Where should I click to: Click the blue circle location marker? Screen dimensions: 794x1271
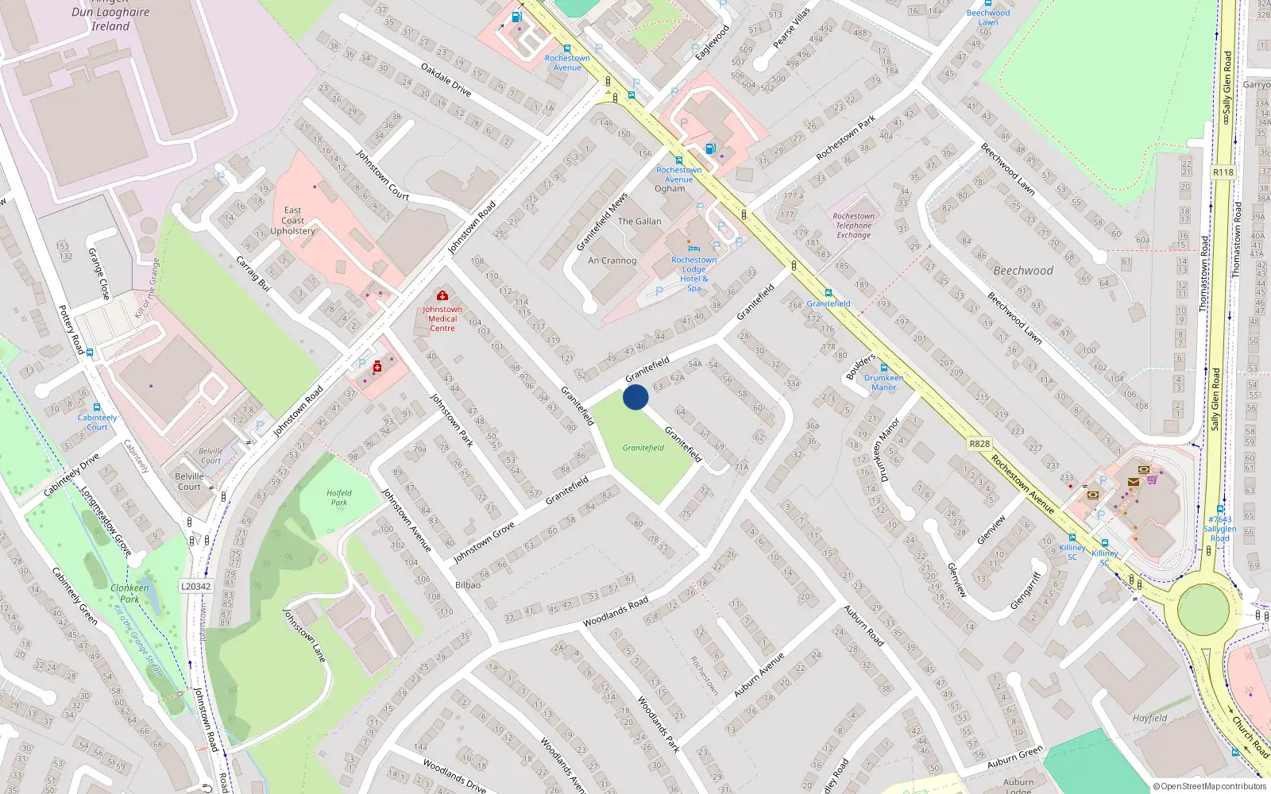(x=635, y=397)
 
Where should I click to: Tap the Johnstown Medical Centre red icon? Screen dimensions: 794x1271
(x=442, y=296)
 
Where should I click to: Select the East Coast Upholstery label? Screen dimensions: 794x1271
(x=292, y=221)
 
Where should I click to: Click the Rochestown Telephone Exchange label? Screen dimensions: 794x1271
(x=854, y=225)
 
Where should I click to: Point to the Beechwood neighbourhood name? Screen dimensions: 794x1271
(x=1023, y=271)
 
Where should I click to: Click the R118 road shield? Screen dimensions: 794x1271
(x=1223, y=172)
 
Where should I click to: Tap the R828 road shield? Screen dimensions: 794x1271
(x=979, y=444)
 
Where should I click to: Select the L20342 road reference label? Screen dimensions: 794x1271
(x=195, y=587)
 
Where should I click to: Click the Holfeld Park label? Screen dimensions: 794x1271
(x=339, y=498)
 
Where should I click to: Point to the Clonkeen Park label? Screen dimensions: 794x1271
(x=129, y=593)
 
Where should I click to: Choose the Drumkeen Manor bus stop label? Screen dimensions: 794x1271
(x=883, y=383)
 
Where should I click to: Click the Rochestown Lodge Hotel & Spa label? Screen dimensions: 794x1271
(x=693, y=274)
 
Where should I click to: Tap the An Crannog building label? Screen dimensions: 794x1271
(x=612, y=260)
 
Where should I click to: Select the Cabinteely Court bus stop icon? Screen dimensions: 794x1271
(x=97, y=407)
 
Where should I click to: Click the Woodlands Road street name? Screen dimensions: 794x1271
(x=616, y=612)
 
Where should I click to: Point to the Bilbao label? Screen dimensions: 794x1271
(x=468, y=585)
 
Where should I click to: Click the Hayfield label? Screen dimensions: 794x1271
(x=1149, y=719)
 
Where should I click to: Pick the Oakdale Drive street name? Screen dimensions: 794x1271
(x=446, y=79)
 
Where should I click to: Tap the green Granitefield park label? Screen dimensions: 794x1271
(x=643, y=448)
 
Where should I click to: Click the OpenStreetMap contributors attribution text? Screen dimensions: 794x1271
(x=1210, y=787)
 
